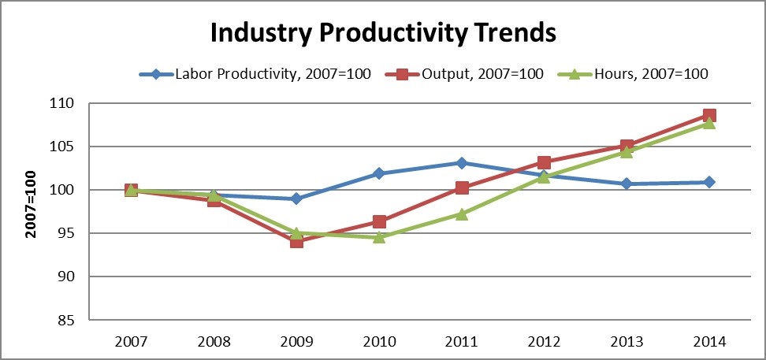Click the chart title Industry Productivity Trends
click(x=382, y=34)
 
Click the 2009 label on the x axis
click(x=296, y=343)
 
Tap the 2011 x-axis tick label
click(x=462, y=343)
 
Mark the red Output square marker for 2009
click(x=296, y=242)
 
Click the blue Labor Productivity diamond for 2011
click(x=462, y=163)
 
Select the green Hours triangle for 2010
click(x=379, y=237)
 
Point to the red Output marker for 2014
click(x=709, y=116)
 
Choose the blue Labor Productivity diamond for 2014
click(x=709, y=182)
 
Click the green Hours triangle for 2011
click(x=462, y=213)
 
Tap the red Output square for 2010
click(x=379, y=222)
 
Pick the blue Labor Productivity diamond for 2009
click(x=296, y=199)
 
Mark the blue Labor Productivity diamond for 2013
click(x=627, y=184)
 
